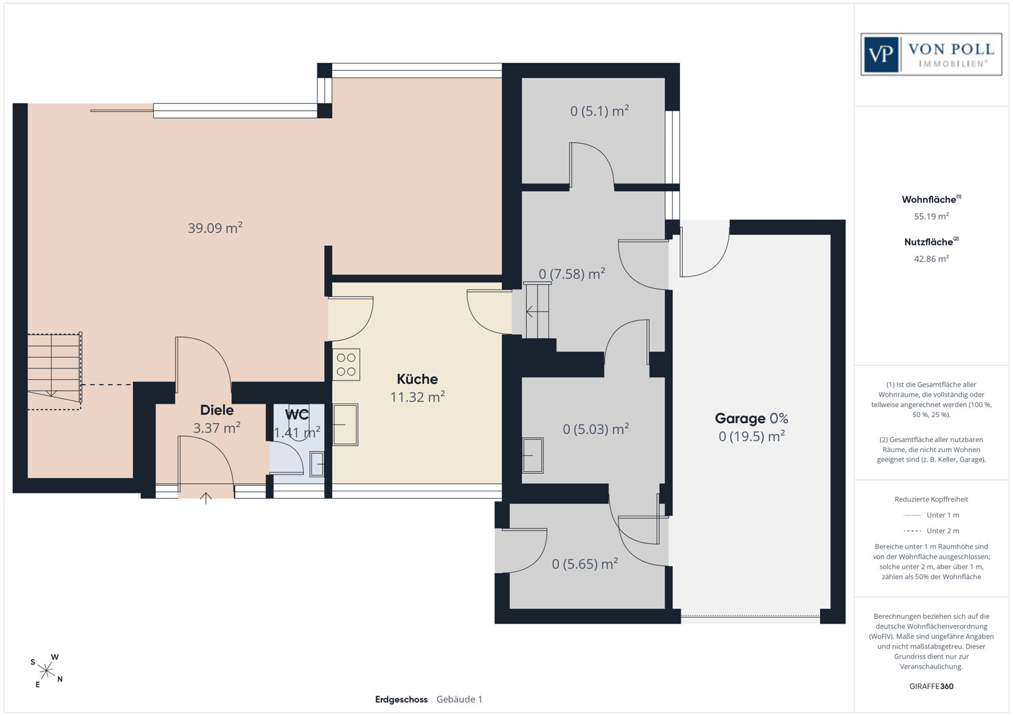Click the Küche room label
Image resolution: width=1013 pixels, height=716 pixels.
click(417, 379)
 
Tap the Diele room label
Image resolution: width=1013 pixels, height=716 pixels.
click(217, 410)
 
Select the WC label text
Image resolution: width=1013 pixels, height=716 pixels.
click(296, 414)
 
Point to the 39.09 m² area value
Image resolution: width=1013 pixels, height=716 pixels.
click(215, 227)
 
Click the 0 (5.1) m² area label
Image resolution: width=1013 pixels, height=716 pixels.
click(600, 111)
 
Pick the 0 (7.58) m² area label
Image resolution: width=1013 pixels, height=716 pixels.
click(572, 273)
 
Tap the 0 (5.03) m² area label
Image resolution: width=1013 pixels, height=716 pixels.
click(596, 429)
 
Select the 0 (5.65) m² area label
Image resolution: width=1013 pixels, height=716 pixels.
click(586, 563)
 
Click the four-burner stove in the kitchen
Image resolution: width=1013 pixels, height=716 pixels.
click(346, 364)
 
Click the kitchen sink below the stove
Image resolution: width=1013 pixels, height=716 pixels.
click(346, 424)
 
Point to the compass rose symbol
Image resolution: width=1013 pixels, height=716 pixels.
click(47, 670)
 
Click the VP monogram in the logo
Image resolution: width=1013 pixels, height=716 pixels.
click(881, 55)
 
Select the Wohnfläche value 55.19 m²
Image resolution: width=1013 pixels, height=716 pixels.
click(931, 216)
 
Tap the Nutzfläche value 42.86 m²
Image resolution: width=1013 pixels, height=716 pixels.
click(931, 258)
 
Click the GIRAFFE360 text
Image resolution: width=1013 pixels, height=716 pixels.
click(931, 686)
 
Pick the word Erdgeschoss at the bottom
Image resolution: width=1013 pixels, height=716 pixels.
click(401, 699)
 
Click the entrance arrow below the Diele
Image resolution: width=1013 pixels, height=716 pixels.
click(206, 498)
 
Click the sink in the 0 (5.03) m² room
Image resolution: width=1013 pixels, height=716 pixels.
click(533, 456)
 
